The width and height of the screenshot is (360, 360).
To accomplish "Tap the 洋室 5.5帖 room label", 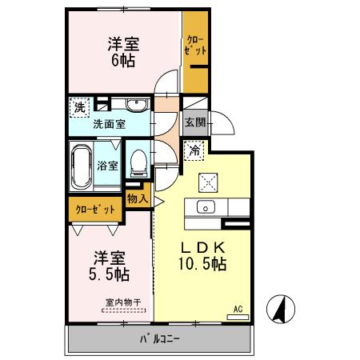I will click(x=110, y=266).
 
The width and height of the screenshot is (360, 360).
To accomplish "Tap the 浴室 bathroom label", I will click(x=108, y=166).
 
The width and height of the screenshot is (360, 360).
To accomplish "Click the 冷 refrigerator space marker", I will click(x=194, y=150).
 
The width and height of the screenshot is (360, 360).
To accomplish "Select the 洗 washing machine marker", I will click(x=79, y=106).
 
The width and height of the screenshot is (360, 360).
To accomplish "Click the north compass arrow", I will click(x=282, y=307).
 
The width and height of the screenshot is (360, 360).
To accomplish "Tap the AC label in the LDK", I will click(x=238, y=308).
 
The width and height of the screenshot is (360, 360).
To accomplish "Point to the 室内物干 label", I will click(x=123, y=302).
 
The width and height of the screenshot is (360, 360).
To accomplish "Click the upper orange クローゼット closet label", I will click(x=196, y=44).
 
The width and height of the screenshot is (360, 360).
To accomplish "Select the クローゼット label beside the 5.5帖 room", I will click(x=95, y=210).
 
